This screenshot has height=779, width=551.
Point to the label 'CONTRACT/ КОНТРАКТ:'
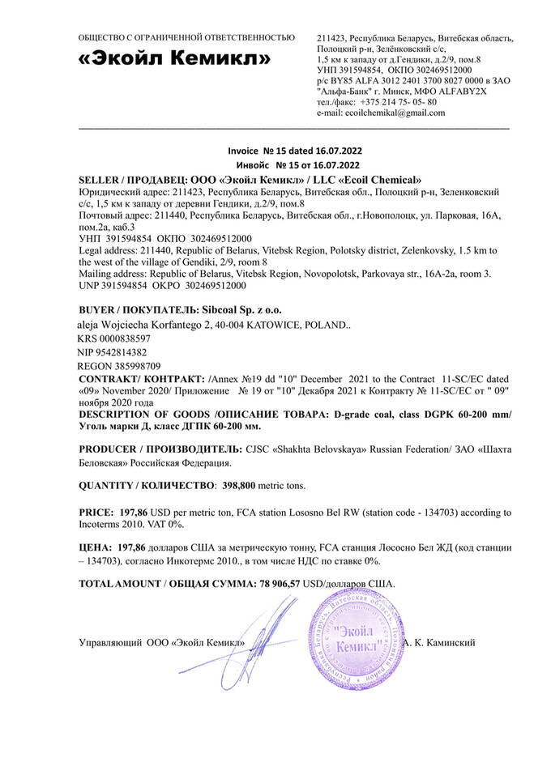tap(143, 380)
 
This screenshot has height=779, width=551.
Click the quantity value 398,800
tap(241, 485)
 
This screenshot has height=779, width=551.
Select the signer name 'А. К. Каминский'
tap(442, 643)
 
